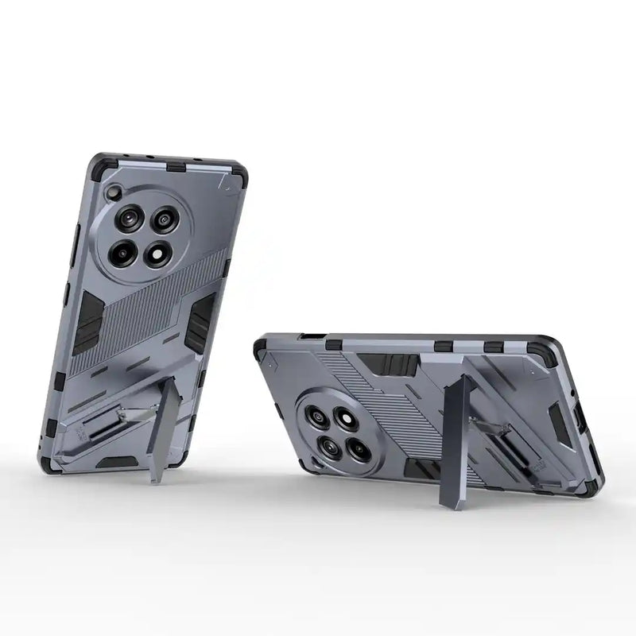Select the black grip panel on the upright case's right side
(x=198, y=323)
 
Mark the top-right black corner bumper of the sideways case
(x=549, y=354)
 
